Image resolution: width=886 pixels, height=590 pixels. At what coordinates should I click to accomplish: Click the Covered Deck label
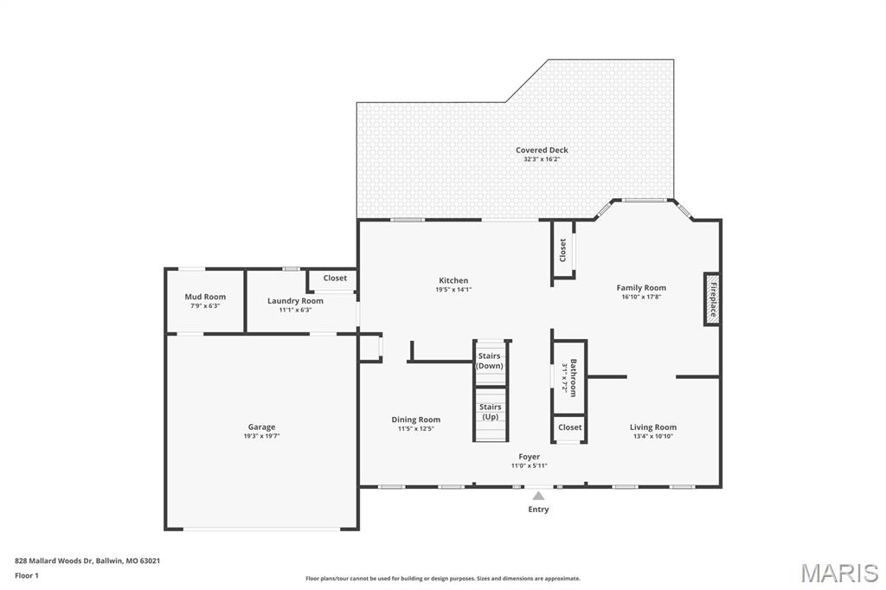click(x=542, y=151)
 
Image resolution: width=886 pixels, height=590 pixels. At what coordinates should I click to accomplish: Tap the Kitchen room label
click(x=453, y=280)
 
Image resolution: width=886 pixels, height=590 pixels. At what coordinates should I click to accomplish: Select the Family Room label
click(x=641, y=288)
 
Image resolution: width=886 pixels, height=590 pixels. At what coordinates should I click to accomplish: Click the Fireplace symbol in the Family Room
click(x=713, y=299)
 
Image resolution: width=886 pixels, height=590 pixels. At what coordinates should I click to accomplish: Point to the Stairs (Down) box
click(x=490, y=361)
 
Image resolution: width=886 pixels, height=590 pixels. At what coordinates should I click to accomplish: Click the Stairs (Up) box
click(x=490, y=412)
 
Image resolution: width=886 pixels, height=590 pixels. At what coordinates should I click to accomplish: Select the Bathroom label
click(x=572, y=378)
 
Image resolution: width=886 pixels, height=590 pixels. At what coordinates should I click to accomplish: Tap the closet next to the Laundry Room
click(x=335, y=279)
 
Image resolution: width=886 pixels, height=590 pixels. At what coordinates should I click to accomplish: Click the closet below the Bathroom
click(x=570, y=427)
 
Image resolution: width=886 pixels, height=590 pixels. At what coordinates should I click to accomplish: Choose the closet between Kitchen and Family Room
click(x=562, y=250)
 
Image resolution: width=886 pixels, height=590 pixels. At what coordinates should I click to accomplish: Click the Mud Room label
click(x=205, y=297)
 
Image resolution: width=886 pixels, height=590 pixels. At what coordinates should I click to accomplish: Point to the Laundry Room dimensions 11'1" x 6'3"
click(x=295, y=310)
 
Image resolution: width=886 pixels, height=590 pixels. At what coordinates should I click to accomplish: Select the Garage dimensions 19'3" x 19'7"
click(x=261, y=436)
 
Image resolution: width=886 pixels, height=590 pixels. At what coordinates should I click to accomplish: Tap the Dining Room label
click(x=416, y=420)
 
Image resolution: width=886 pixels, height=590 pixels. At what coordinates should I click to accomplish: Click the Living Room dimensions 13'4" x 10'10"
click(x=652, y=436)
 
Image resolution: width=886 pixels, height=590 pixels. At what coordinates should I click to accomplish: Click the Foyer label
click(x=529, y=457)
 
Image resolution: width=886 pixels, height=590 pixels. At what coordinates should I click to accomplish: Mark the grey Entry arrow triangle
click(x=538, y=497)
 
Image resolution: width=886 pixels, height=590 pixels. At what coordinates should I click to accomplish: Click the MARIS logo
click(x=839, y=572)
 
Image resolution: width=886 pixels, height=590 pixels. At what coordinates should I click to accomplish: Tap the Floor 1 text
click(x=27, y=575)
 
